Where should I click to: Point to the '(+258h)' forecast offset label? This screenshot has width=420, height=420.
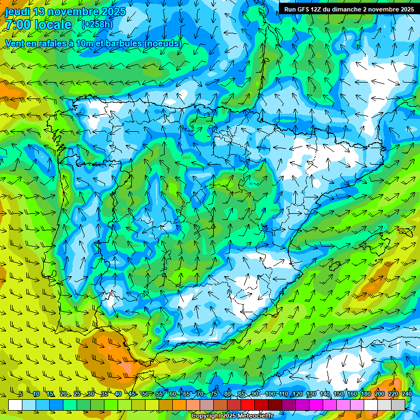point(96,25)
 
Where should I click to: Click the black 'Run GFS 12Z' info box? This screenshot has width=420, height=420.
point(348,9)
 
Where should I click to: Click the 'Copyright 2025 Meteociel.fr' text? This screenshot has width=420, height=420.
point(232,416)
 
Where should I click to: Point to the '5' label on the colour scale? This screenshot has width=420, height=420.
point(20,394)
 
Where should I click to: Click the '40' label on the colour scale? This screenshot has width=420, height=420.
point(118,394)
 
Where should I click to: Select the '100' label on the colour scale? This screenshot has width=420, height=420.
point(270,394)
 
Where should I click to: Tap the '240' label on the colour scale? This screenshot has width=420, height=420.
point(406,394)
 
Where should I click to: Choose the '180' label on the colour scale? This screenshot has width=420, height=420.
point(365,394)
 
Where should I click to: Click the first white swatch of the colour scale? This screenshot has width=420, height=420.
point(15,405)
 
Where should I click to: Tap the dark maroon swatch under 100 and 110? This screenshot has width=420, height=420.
point(275,405)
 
